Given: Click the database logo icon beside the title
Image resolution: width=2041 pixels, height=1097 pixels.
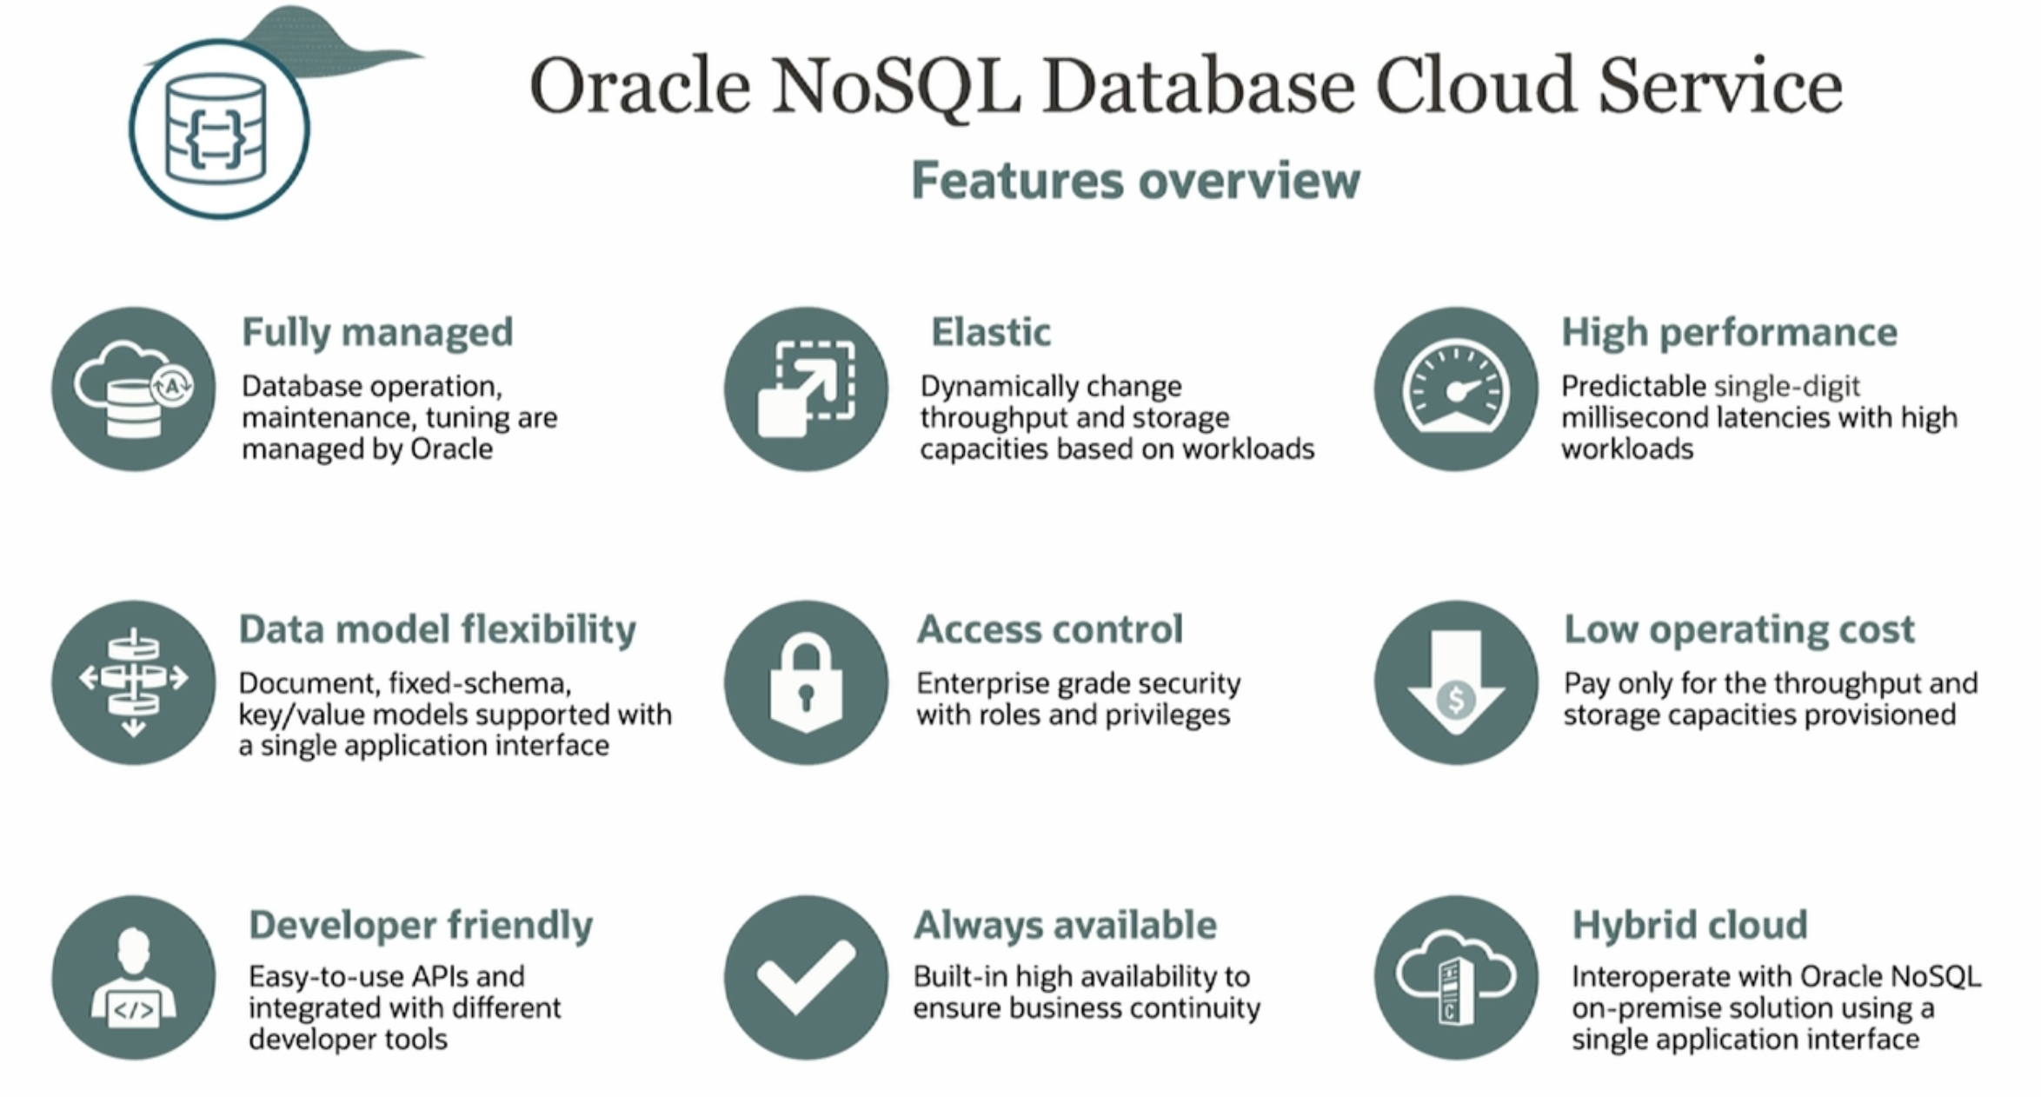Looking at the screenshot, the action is pos(220,129).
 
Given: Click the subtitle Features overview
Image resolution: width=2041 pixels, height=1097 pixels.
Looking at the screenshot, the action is pos(1135,181).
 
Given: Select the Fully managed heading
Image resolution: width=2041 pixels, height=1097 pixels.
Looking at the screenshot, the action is pos(377,333).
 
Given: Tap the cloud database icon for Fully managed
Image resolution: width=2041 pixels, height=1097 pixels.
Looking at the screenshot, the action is pos(134,389).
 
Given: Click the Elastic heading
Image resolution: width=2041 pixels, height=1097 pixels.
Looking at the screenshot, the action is pos(991,332).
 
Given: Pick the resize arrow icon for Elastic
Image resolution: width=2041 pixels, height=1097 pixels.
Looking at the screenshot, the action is pos(807,389).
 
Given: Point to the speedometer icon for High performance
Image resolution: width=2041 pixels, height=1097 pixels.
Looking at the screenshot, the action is pos(1456,389).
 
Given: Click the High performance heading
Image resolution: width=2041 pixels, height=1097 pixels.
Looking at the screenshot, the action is pos(1729,333).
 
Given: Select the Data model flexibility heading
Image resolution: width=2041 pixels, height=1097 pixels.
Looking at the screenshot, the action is pos(437,630).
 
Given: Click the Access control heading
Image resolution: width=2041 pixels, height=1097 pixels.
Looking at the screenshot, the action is pos(1050,629).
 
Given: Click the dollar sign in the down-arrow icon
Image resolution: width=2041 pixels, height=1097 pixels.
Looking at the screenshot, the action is pos(1456,699).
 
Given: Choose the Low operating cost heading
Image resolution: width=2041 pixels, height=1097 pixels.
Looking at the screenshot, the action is pos(1739,630).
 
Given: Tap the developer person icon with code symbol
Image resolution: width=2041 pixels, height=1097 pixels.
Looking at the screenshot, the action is pos(134,977).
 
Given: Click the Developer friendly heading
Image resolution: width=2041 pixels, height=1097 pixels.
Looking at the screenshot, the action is pos(421,926).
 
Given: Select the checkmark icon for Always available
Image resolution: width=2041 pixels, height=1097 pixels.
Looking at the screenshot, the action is pos(807,977).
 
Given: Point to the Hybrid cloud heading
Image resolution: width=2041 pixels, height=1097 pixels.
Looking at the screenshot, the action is pos(1690,926).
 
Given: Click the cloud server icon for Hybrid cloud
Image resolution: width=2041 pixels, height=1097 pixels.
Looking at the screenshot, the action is pos(1456,977).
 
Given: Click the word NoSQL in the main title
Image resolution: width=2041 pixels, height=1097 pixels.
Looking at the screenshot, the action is pos(896,87).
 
